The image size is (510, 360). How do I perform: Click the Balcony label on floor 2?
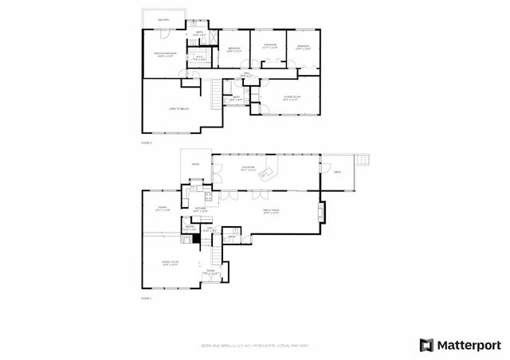point(163,19)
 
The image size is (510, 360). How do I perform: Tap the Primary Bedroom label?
point(163,54)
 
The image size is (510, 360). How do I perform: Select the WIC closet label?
point(198,57)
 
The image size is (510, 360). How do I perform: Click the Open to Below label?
point(178,108)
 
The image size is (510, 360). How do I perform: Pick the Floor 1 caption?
point(146,298)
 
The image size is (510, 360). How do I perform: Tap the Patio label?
point(196,166)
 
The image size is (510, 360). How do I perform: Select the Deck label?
point(337,172)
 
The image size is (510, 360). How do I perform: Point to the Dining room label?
point(162,209)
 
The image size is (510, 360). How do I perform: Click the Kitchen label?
point(201,209)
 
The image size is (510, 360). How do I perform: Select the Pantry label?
point(190,228)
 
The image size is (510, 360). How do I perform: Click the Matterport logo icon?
point(427,345)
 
